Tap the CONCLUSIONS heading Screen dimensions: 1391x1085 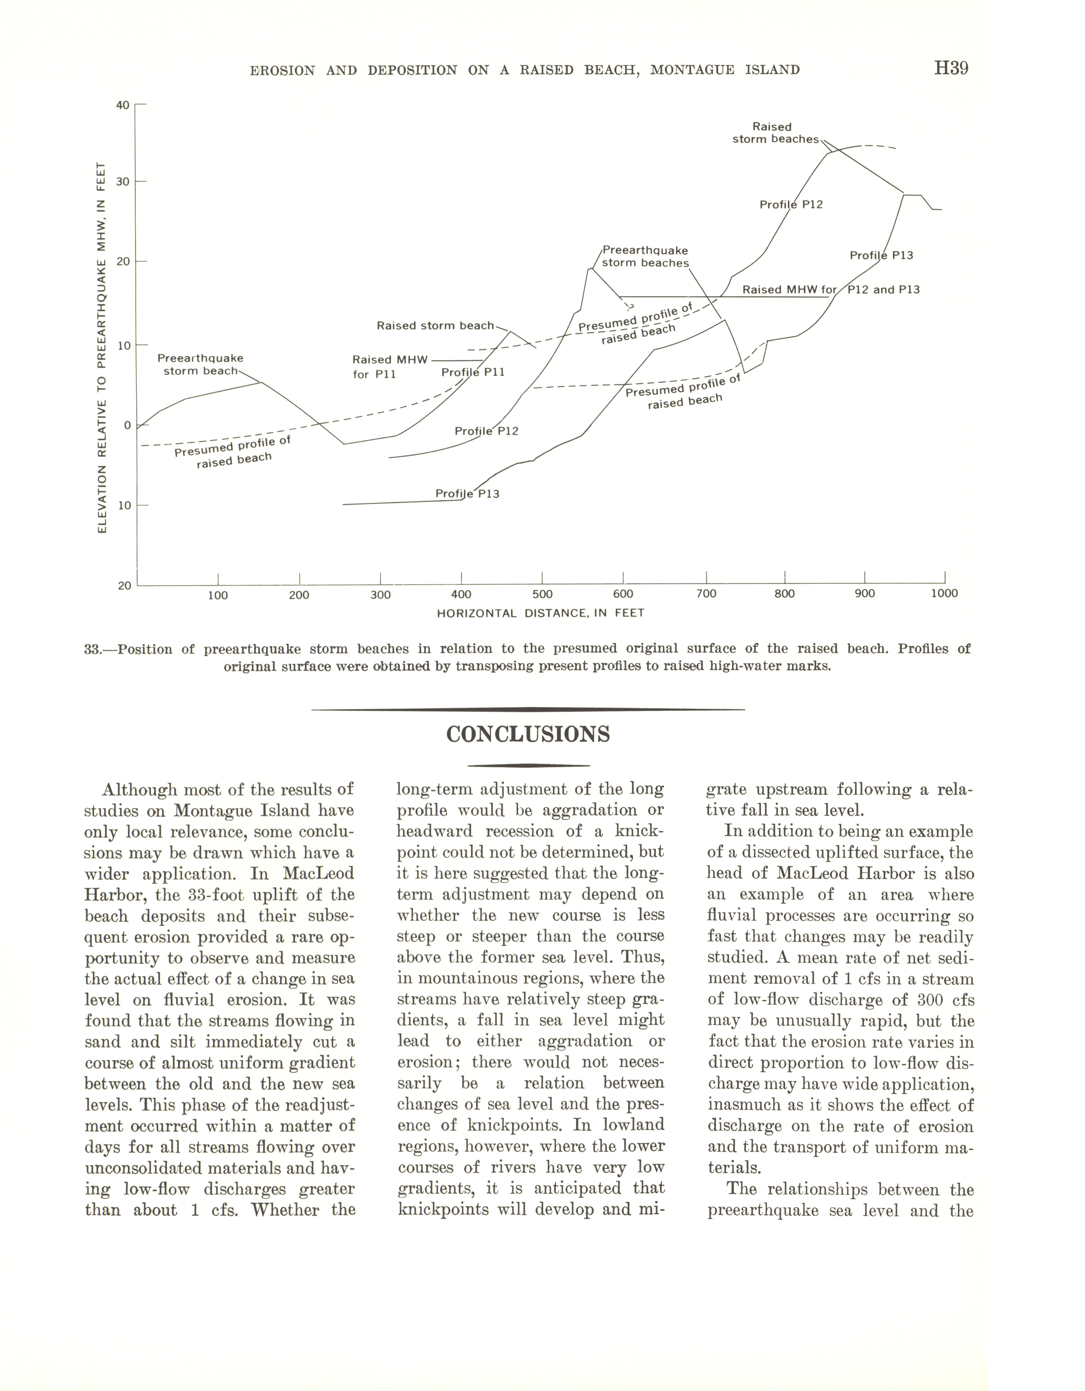tap(528, 734)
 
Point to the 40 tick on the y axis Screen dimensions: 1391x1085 tap(122, 105)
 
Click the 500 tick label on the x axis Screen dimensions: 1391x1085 tap(542, 594)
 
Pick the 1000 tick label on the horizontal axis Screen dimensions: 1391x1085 tap(944, 594)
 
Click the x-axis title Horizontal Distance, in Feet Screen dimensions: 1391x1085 tap(541, 613)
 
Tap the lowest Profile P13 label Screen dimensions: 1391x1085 tap(467, 494)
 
